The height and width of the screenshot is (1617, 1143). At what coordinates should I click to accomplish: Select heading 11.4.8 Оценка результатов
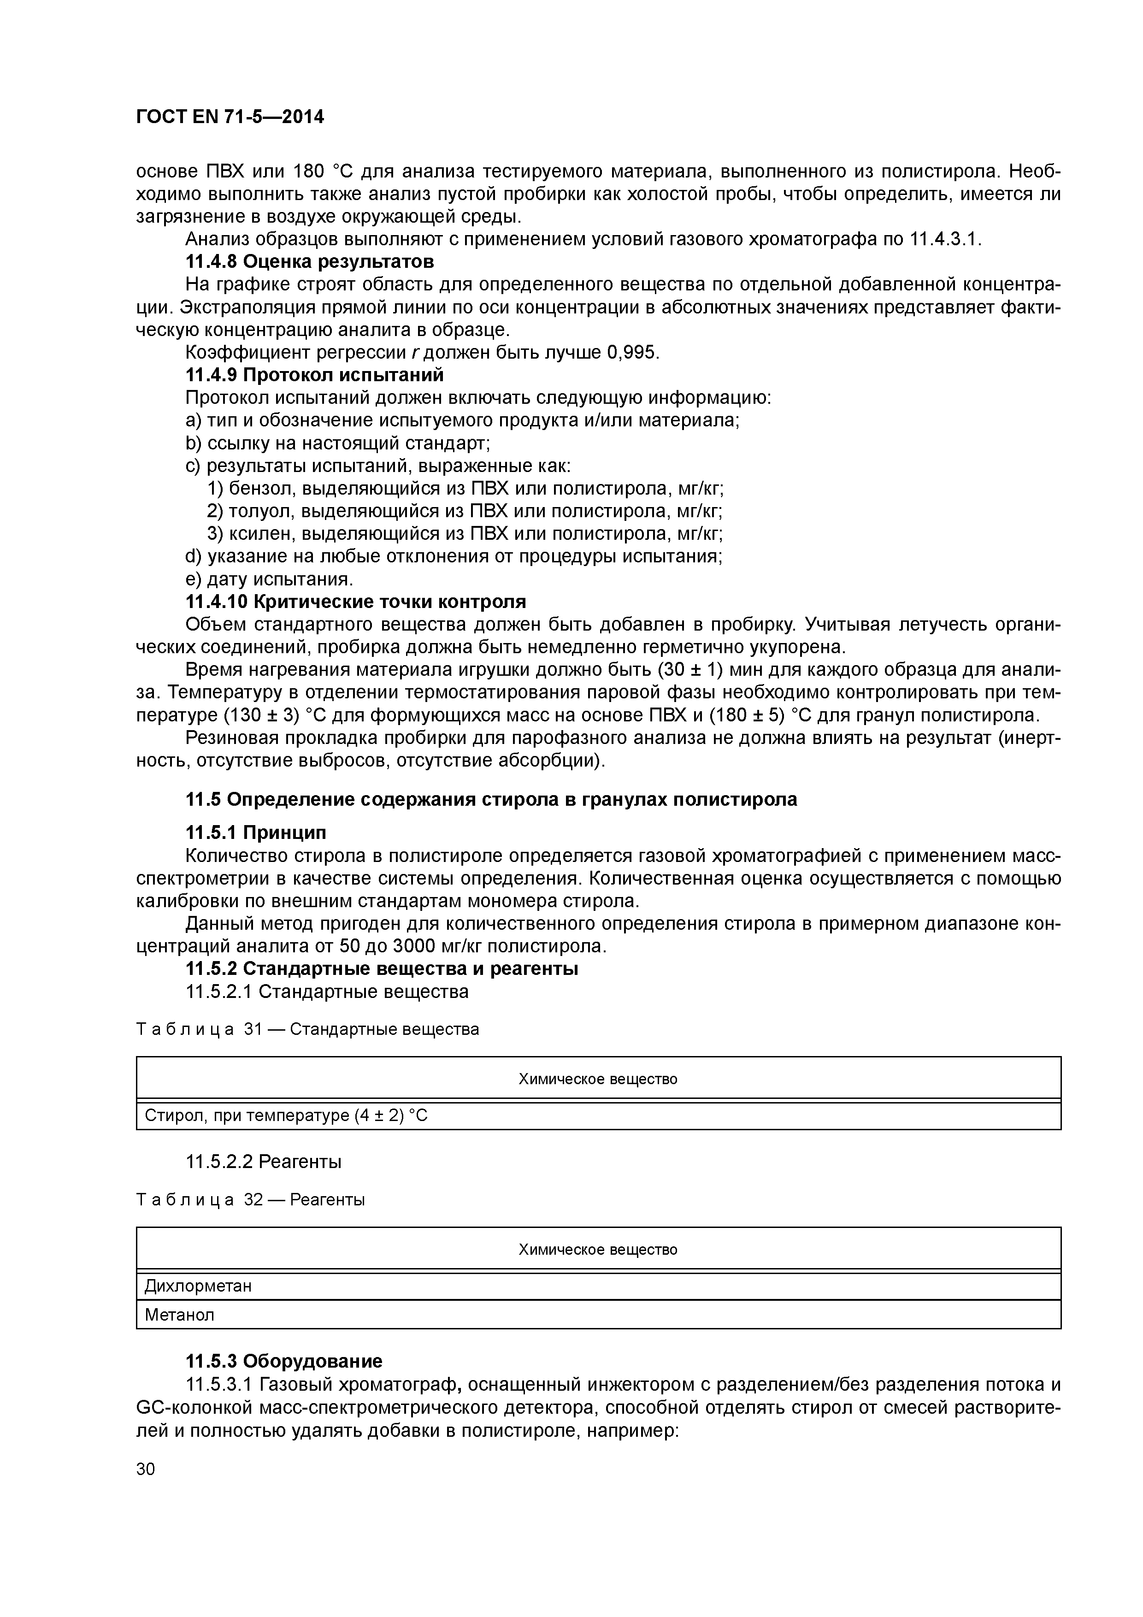pos(309,262)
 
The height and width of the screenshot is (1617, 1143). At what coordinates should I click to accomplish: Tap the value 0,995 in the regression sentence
pos(631,352)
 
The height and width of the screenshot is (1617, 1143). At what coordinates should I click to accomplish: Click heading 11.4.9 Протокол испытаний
pos(314,375)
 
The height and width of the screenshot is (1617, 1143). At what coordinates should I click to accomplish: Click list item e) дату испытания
pos(268,579)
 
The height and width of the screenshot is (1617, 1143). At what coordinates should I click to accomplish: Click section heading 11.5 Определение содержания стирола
pos(491,799)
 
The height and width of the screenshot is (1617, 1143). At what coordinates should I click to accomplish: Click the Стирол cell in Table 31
pos(286,1115)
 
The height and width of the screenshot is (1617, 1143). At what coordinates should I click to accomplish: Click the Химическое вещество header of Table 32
pos(598,1249)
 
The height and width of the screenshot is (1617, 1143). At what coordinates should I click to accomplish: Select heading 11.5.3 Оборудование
pos(284,1361)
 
